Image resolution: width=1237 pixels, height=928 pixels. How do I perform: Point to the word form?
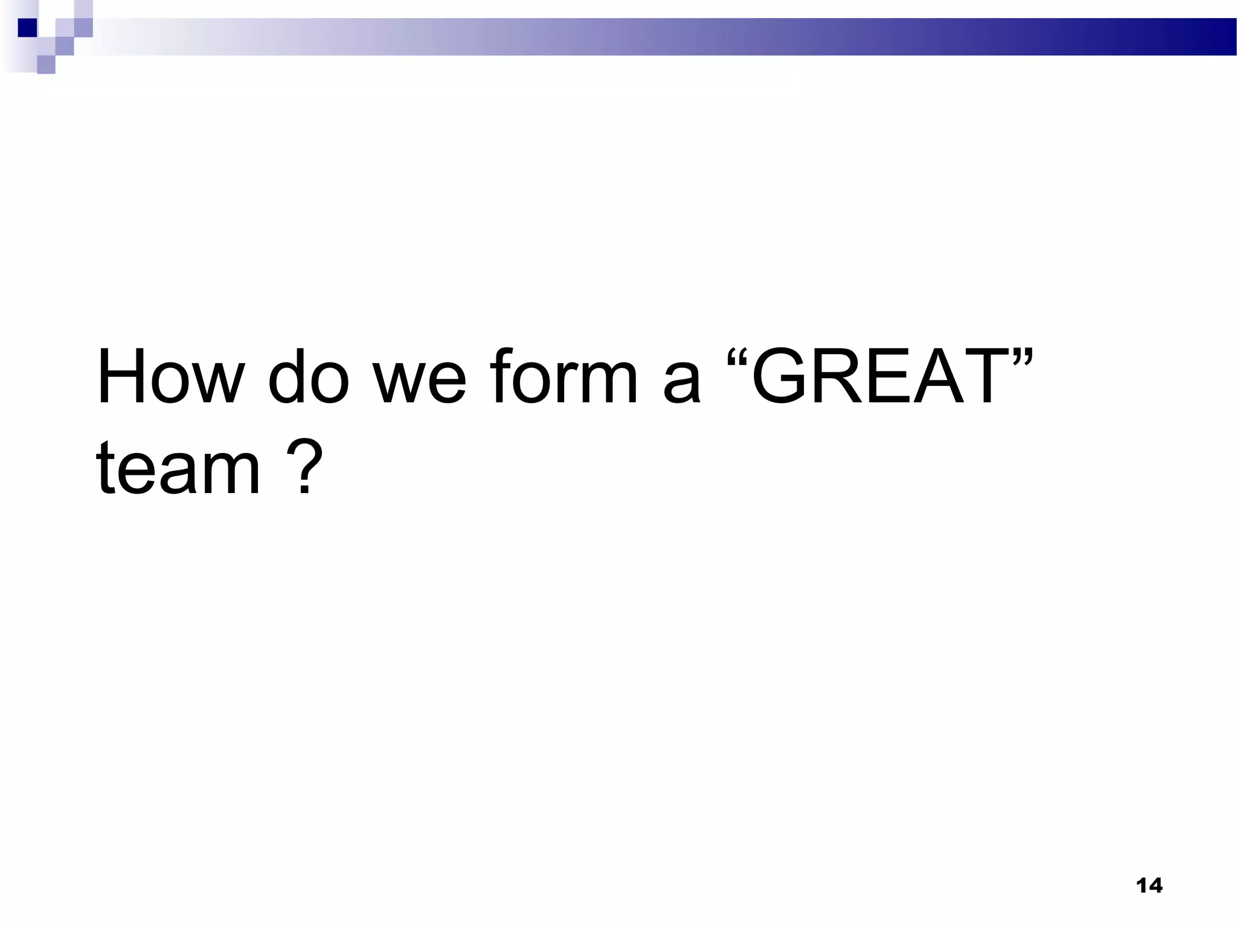(564, 377)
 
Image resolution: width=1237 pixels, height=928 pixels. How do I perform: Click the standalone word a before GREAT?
(683, 384)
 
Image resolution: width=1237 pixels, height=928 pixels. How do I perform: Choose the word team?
(178, 468)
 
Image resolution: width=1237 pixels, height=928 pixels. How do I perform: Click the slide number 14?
(1149, 886)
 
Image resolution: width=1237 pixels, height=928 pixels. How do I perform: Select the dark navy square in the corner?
(27, 27)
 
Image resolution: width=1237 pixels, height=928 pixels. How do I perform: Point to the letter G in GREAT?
(783, 377)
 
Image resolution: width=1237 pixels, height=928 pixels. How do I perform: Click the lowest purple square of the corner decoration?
(46, 65)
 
